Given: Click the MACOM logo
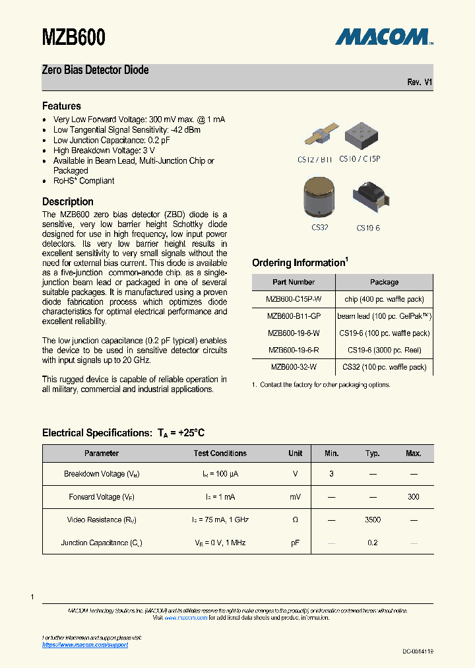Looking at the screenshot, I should pos(383,37).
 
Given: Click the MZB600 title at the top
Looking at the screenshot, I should pos(74,38).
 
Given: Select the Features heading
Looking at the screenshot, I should pos(61,106).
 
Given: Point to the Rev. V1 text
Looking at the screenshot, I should pos(420,83).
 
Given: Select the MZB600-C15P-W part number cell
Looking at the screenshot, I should pos(293,299).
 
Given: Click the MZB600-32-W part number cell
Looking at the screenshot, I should pos(293,367).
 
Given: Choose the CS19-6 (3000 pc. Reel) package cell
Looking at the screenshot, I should pos(384,350).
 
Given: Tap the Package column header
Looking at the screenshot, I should pos(384,282).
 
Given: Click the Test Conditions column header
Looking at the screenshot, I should pos(220,453).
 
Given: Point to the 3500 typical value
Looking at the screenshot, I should pos(373,520).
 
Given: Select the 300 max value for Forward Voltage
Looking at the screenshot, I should pos(413,497).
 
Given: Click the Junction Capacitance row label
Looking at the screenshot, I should pos(102,543).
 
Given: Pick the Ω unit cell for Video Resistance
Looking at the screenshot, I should pos(295,520).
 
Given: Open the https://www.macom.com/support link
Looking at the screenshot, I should pos(85,645).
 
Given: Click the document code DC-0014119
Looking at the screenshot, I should pos(418,651).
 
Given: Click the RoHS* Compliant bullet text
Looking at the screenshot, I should pos(84,181).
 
